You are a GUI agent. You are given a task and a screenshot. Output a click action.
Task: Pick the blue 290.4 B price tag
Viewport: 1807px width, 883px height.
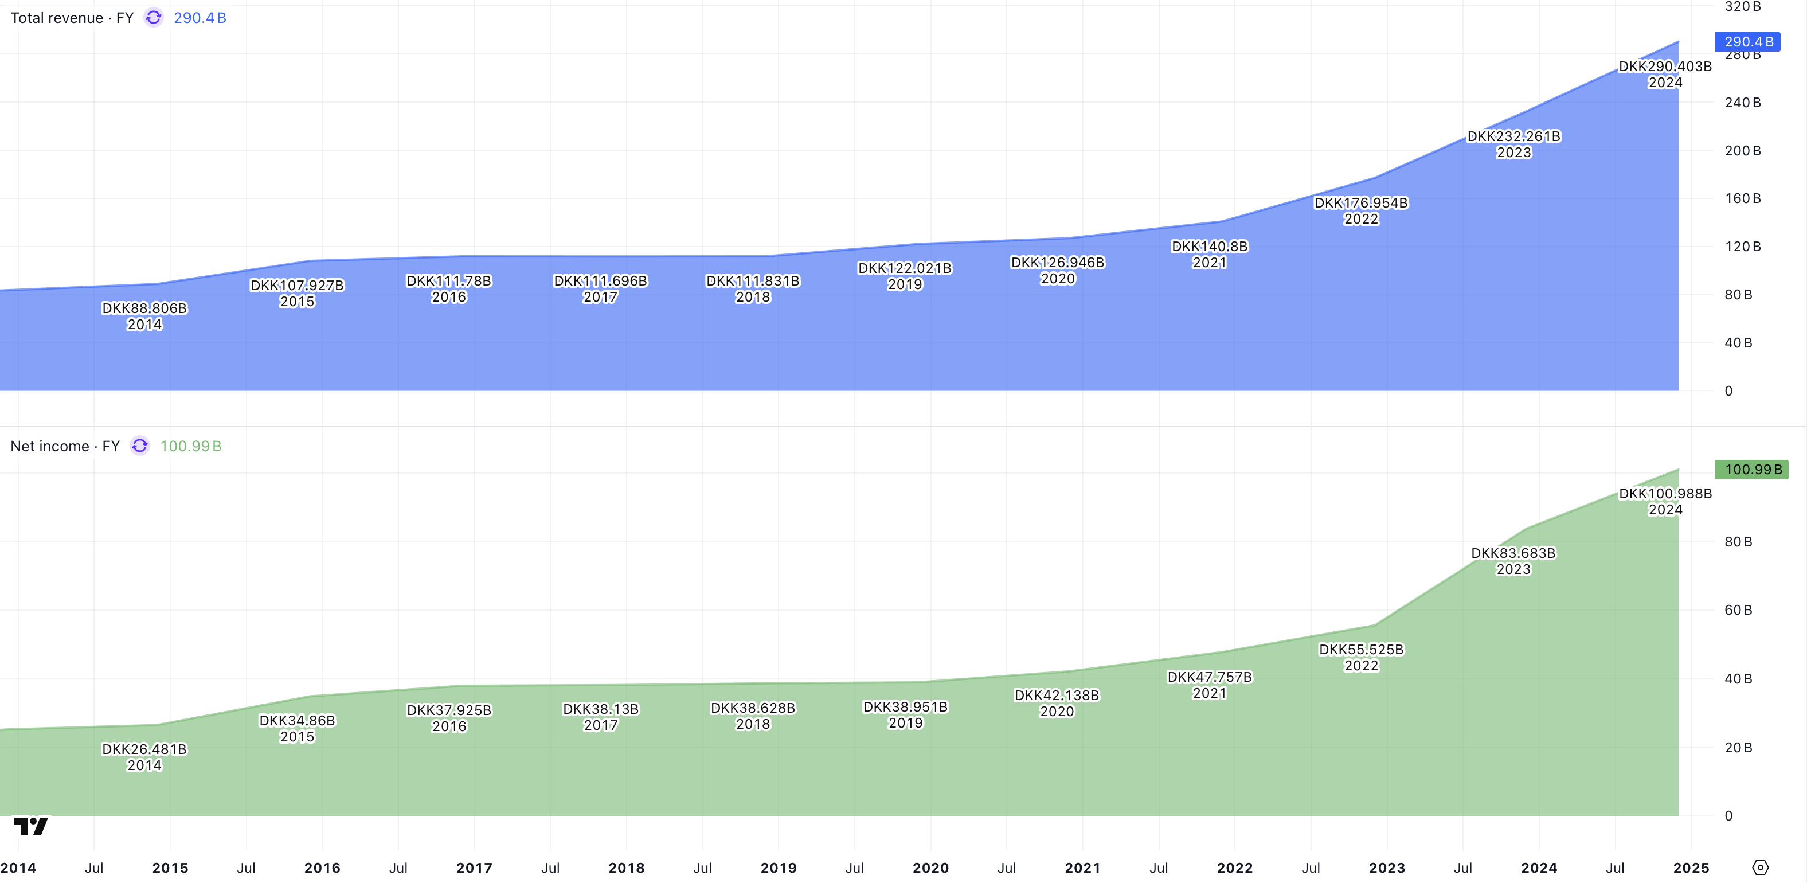click(1747, 42)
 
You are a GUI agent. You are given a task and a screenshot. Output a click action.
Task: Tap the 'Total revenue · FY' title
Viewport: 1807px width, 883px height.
click(72, 18)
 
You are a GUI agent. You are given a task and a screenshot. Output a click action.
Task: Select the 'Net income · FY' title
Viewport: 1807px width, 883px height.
click(65, 447)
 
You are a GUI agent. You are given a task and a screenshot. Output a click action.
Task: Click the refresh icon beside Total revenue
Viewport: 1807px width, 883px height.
click(154, 18)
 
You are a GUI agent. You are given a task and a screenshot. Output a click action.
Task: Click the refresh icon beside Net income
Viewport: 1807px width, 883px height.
click(140, 447)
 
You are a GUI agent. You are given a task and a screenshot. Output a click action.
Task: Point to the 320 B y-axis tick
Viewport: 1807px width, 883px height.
click(1742, 7)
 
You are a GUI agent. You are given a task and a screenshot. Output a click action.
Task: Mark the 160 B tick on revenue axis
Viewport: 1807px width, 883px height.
click(1742, 198)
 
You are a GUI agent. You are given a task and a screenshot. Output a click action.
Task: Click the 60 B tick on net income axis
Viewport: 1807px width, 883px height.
click(1738, 610)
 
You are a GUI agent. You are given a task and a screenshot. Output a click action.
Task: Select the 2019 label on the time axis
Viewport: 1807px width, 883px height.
click(779, 868)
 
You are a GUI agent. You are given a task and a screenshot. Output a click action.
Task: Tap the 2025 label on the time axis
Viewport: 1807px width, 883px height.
click(1691, 868)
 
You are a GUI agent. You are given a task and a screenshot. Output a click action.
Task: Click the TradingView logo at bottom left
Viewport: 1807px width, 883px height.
click(31, 826)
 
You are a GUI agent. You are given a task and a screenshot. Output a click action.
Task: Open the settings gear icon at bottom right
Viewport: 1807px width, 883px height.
click(1760, 868)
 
